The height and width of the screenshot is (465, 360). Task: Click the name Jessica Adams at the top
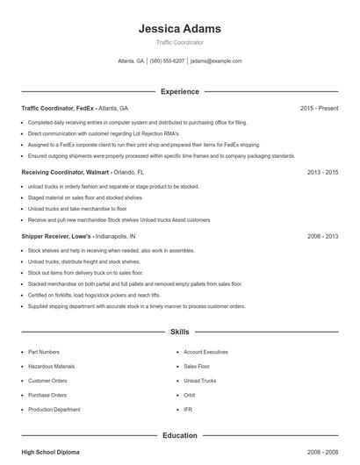(x=179, y=29)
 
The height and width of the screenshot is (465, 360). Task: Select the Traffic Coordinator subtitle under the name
(x=179, y=42)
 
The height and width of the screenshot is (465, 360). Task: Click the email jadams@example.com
(x=215, y=61)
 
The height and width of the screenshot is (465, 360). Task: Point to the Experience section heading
(x=179, y=91)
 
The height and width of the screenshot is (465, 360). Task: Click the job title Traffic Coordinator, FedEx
(x=58, y=108)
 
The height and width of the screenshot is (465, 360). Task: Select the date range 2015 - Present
(x=319, y=108)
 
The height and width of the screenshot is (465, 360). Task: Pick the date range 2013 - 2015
(x=322, y=173)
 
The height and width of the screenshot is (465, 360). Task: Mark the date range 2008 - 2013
(x=322, y=237)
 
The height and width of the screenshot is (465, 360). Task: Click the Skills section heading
(x=179, y=333)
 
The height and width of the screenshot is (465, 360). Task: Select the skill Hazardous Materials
(x=50, y=366)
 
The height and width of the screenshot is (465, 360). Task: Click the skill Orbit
(x=190, y=395)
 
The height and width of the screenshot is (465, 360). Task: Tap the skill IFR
(x=188, y=409)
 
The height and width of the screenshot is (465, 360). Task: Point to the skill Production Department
(x=54, y=409)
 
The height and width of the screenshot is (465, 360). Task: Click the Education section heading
(x=179, y=435)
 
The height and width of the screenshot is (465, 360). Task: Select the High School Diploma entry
(x=50, y=452)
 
